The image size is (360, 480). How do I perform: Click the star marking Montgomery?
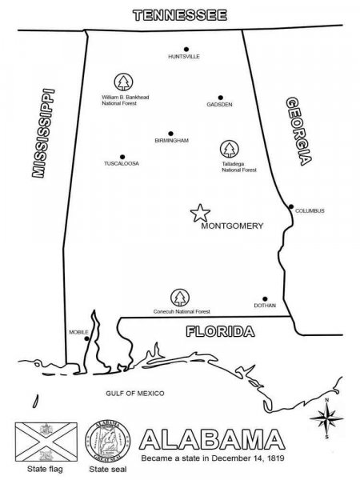pyautogui.click(x=199, y=212)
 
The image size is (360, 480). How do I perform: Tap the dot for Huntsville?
pyautogui.click(x=186, y=49)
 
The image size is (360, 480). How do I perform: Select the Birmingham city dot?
pyautogui.click(x=170, y=133)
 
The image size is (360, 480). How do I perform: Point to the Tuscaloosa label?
pyautogui.click(x=122, y=163)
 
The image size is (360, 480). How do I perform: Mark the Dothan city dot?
pyautogui.click(x=265, y=298)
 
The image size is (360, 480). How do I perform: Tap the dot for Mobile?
pyautogui.click(x=86, y=338)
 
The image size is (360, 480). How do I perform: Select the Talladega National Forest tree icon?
pyautogui.click(x=230, y=149)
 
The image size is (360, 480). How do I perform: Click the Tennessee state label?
pyautogui.click(x=180, y=14)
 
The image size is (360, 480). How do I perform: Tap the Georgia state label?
pyautogui.click(x=298, y=131)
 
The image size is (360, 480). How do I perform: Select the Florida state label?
pyautogui.click(x=220, y=331)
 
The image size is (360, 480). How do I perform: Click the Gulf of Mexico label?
pyautogui.click(x=134, y=394)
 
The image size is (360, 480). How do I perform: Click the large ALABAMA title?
pyautogui.click(x=212, y=439)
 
